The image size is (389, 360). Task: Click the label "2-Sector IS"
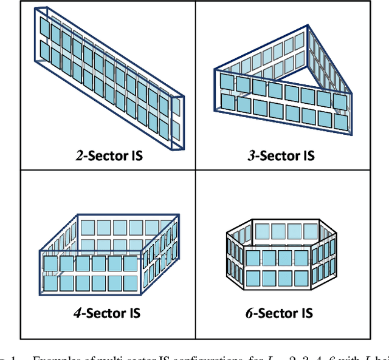[109, 155]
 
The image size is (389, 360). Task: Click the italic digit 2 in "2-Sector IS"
[79, 155]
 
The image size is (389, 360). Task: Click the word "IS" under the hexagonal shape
[306, 313]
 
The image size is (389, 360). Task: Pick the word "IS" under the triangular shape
[308, 155]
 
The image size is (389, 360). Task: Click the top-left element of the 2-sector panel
[45, 28]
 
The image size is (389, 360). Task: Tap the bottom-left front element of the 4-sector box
[50, 283]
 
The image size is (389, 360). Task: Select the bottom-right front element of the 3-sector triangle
[340, 121]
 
